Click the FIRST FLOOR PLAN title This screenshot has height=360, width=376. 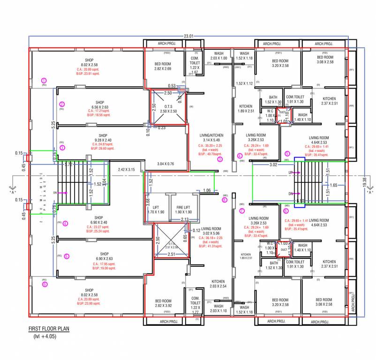pyautogui.click(x=49, y=329)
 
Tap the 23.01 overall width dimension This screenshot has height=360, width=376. pyautogui.click(x=188, y=36)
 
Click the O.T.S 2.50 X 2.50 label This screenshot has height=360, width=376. pyautogui.click(x=167, y=109)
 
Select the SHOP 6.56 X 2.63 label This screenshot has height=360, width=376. pyautogui.click(x=100, y=105)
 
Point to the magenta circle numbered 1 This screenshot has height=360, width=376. pyautogui.click(x=45, y=80)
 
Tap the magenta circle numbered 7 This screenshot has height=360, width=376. pyautogui.click(x=242, y=211)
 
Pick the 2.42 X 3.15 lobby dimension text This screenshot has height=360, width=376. pyautogui.click(x=126, y=169)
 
